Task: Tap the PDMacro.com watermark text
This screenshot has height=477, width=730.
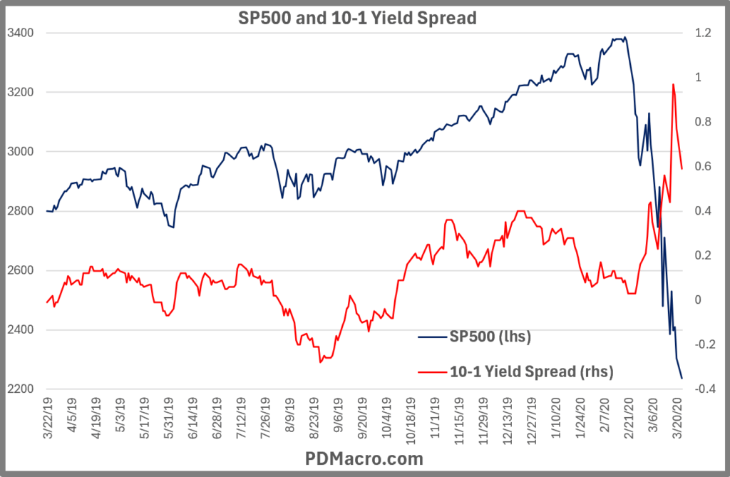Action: tap(365, 458)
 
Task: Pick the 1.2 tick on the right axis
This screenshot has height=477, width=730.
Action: tap(704, 33)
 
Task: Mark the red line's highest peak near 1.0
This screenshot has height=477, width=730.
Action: tap(673, 84)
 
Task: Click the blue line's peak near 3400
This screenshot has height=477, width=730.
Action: tap(624, 37)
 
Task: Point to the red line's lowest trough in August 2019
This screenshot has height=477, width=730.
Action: tap(321, 362)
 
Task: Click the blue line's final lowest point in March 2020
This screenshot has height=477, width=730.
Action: tap(682, 378)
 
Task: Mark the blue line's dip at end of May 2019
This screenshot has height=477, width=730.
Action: tap(173, 227)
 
